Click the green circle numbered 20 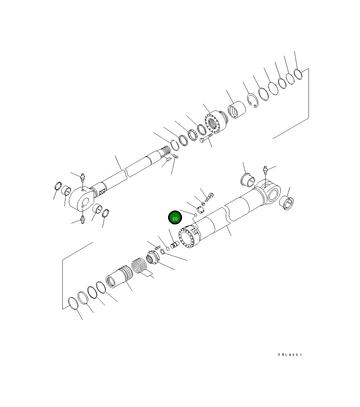point(175,218)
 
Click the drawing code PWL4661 point(290,355)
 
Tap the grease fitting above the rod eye point(82,177)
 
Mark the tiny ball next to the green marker point(196,215)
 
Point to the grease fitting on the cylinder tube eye point(266,169)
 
